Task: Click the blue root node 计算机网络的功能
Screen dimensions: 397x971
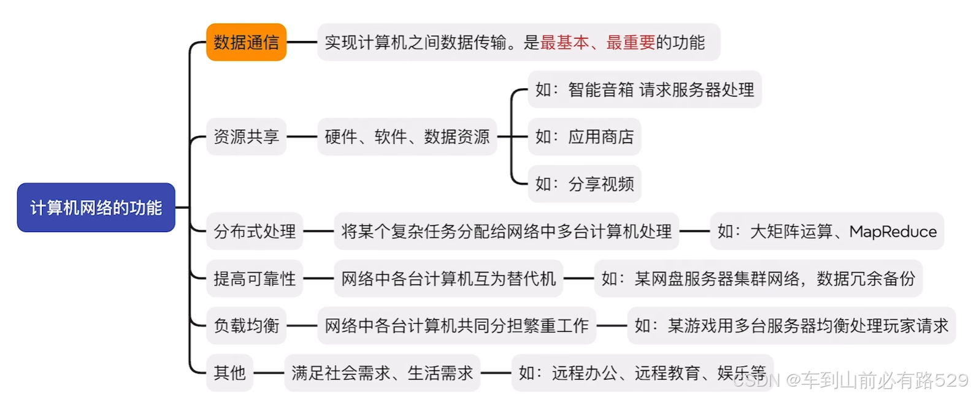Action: point(96,208)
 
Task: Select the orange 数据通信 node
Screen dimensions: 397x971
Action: point(246,42)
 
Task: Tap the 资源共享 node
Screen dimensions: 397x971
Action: point(246,137)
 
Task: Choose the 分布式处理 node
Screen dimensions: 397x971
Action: point(255,232)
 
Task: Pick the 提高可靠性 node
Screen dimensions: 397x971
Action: point(255,279)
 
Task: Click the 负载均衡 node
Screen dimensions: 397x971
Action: point(246,325)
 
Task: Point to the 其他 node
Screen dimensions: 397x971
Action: point(229,372)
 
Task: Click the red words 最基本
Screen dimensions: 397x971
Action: point(564,42)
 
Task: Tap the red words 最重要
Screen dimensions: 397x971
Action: point(631,42)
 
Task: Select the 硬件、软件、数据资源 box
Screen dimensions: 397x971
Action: point(407,137)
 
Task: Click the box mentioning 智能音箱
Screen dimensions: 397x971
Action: point(644,89)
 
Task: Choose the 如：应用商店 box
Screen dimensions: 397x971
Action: point(584,137)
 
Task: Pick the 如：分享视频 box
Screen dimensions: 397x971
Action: point(584,184)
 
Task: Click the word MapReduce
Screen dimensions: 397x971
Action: point(892,232)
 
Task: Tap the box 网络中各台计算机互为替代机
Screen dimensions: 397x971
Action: point(448,279)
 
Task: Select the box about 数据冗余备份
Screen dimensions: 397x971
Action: point(758,279)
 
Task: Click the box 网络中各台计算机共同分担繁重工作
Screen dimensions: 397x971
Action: point(456,325)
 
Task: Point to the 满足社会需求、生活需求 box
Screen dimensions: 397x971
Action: point(382,372)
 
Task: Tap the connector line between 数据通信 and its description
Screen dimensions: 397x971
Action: point(302,42)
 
